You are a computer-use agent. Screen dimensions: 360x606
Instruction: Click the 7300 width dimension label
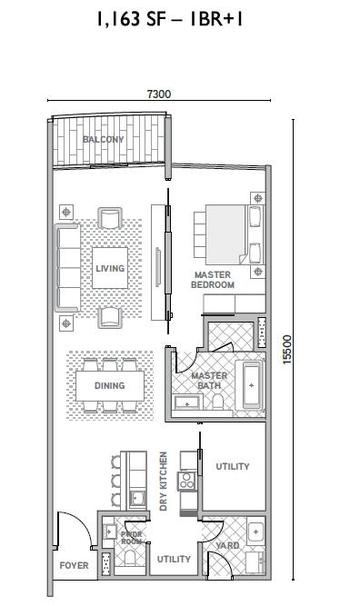click(158, 94)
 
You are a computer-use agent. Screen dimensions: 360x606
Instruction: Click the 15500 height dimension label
click(287, 350)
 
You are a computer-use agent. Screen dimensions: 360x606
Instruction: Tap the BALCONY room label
click(104, 139)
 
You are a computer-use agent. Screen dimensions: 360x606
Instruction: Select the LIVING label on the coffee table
click(110, 268)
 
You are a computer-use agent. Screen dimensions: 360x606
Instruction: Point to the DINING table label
click(110, 385)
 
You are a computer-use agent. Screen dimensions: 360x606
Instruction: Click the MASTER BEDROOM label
click(213, 280)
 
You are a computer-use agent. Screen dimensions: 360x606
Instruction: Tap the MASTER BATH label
click(209, 381)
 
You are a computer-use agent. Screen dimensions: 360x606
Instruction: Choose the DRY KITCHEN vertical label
click(164, 482)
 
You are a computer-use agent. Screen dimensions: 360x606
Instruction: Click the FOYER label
click(75, 565)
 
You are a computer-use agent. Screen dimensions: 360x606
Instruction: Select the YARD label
click(227, 546)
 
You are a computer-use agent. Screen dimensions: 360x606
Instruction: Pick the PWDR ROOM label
click(132, 538)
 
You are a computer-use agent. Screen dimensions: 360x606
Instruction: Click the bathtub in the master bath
click(252, 385)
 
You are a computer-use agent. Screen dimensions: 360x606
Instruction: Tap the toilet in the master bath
click(217, 402)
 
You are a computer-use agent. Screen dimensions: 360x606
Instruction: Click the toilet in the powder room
click(129, 558)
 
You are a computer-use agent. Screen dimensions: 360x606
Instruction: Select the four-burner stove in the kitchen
click(186, 481)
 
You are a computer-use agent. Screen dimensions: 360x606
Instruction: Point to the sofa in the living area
click(67, 267)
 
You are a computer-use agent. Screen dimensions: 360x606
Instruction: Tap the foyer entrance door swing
click(75, 530)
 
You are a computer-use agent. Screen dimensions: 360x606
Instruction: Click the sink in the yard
click(255, 532)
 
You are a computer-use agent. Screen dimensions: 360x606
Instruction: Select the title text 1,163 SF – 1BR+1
click(170, 18)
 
